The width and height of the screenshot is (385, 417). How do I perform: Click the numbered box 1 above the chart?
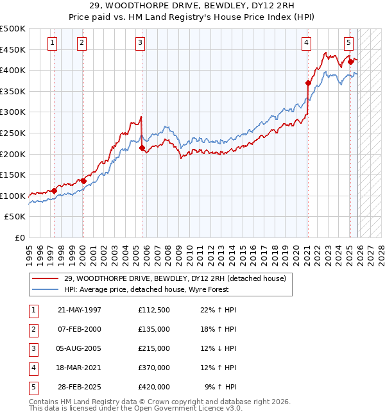pyautogui.click(x=51, y=43)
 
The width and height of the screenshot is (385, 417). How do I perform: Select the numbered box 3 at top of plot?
pyautogui.click(x=140, y=43)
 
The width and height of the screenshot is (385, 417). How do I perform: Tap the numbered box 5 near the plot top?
pyautogui.click(x=348, y=43)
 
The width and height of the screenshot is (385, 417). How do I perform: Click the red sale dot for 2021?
pyautogui.click(x=308, y=83)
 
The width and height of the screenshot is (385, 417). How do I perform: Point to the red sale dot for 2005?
pyautogui.click(x=142, y=148)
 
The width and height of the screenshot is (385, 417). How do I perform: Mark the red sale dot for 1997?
pyautogui.click(x=55, y=191)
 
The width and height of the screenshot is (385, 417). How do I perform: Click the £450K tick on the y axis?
pyautogui.click(x=13, y=49)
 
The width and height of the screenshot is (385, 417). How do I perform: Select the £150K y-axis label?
pyautogui.click(x=13, y=174)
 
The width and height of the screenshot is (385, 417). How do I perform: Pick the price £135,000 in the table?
pyautogui.click(x=154, y=329)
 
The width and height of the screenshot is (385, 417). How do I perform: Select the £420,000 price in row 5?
pyautogui.click(x=154, y=387)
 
